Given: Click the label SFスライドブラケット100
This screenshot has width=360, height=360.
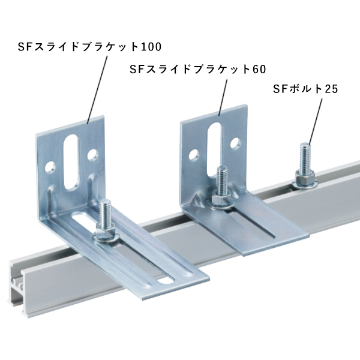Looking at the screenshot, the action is tap(90, 47).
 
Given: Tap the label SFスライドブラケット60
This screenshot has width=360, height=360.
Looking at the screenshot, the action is tap(198, 69).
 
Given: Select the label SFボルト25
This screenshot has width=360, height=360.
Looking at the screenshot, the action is tap(305, 89).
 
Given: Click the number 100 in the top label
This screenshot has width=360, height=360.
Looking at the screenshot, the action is tap(151, 47).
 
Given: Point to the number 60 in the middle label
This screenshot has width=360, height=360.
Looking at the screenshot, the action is tap(259, 69).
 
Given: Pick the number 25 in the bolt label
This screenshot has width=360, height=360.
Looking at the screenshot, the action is tap(332, 89).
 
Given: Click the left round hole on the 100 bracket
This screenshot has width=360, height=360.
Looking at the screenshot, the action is tap(50, 167).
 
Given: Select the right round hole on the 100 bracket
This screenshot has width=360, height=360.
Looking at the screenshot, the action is tap(93, 155).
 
